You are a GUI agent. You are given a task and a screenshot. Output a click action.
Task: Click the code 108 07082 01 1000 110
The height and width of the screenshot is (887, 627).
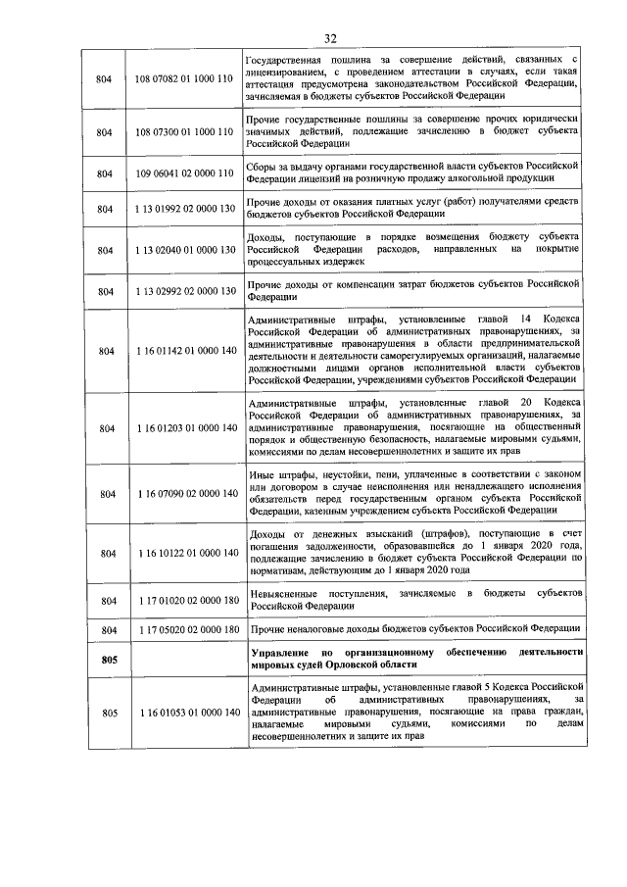click(x=184, y=76)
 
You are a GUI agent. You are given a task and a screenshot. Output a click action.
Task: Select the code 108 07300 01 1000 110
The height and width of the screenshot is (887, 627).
click(x=184, y=130)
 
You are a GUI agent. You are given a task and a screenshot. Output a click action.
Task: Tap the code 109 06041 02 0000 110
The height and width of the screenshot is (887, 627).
click(x=184, y=173)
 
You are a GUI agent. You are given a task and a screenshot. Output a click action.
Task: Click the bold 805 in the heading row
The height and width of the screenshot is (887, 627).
click(x=108, y=659)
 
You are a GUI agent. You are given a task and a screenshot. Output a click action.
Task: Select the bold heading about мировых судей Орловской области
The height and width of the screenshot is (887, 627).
click(x=416, y=659)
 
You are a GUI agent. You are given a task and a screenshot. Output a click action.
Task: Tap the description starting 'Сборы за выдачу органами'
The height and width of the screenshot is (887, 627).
click(x=416, y=173)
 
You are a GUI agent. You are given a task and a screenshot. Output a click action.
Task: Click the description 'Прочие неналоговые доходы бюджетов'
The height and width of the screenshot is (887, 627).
click(x=415, y=628)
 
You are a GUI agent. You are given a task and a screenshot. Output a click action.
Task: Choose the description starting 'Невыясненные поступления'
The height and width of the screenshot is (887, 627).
click(x=416, y=599)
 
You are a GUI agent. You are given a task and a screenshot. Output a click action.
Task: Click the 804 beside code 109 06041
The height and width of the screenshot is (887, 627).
click(x=108, y=173)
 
